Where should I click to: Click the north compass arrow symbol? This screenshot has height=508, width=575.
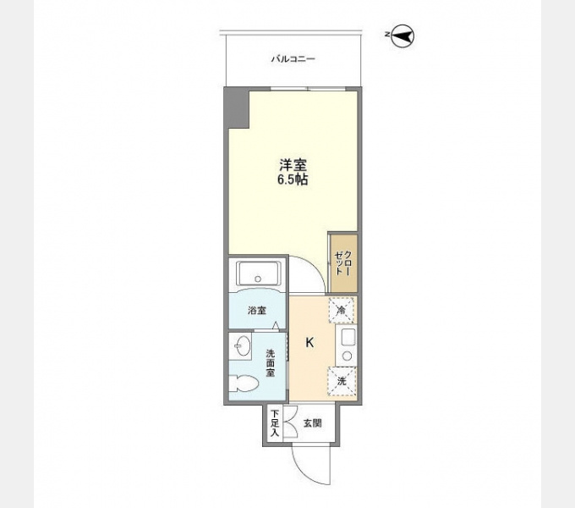click(402, 36)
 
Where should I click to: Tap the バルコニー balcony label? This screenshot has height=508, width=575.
click(293, 58)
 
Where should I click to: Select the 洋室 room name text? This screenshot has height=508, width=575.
click(293, 165)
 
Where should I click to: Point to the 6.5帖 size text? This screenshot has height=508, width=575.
click(293, 179)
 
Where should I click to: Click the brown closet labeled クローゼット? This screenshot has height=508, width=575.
click(343, 262)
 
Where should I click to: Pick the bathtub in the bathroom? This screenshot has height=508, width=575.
click(258, 273)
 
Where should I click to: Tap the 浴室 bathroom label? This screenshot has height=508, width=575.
click(257, 311)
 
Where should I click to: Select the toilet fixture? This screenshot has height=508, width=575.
click(244, 383)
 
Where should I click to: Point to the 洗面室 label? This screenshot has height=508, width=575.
click(271, 363)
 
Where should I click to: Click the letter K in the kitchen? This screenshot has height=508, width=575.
click(309, 343)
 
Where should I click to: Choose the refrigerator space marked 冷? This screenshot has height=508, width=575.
click(342, 310)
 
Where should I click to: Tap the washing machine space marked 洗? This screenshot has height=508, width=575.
click(342, 381)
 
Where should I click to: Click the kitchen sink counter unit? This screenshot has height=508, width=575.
click(346, 345)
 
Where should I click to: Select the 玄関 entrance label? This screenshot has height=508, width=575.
click(312, 423)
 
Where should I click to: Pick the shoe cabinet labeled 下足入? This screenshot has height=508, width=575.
click(275, 423)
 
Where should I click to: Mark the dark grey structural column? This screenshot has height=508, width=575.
click(237, 108)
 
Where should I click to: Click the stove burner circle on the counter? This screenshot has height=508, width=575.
click(347, 356)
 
